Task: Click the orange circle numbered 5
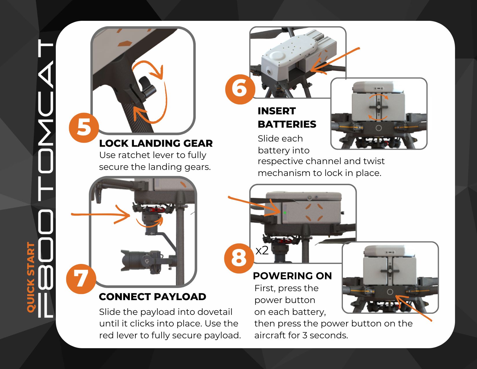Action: point(84,128)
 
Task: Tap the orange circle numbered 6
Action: point(240,89)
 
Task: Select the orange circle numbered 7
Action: point(81,279)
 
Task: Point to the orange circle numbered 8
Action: point(239,258)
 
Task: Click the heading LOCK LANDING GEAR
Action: point(156,143)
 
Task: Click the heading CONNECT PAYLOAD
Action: point(153,297)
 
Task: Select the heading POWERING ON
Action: point(292,276)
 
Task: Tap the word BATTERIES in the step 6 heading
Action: point(287,124)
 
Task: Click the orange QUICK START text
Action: point(31,277)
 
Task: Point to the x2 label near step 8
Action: point(262,250)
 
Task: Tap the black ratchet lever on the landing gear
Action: point(147,87)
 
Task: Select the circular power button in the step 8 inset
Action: point(390,292)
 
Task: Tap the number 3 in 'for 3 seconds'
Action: point(305,335)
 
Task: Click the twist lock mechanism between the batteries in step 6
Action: point(378,107)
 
